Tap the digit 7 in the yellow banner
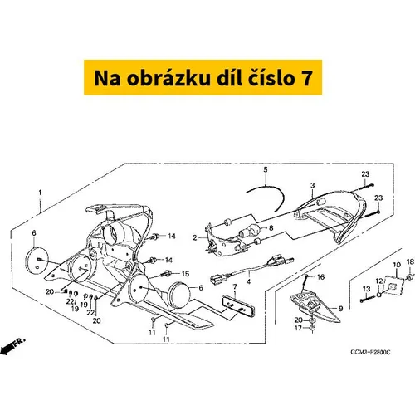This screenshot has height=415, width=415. pyautogui.click(x=306, y=78)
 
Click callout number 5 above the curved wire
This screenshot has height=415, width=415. pyautogui.click(x=266, y=169)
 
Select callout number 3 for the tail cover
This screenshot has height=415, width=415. pyautogui.click(x=312, y=185)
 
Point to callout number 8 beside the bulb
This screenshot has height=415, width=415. pyautogui.click(x=271, y=227)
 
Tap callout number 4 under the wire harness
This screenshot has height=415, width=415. pyautogui.click(x=248, y=281)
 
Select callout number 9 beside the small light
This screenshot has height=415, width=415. pyautogui.click(x=340, y=309)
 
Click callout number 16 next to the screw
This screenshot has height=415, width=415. pyautogui.click(x=320, y=276)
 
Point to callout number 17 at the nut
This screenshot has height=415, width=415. pyautogui.click(x=298, y=328)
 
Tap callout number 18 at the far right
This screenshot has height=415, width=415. pyautogui.click(x=410, y=261)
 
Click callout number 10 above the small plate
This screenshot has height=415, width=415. pyautogui.click(x=397, y=265)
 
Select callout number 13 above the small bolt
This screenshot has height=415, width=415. pyautogui.click(x=366, y=289)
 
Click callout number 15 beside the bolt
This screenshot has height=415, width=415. pyautogui.click(x=185, y=274)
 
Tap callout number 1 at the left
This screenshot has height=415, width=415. pyautogui.click(x=40, y=193)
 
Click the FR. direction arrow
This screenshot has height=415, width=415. pyautogui.click(x=12, y=346)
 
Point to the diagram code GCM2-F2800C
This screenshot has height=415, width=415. pyautogui.click(x=370, y=352)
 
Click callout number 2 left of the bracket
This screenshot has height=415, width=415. pyautogui.click(x=195, y=237)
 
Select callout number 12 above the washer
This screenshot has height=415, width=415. pyautogui.click(x=379, y=281)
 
